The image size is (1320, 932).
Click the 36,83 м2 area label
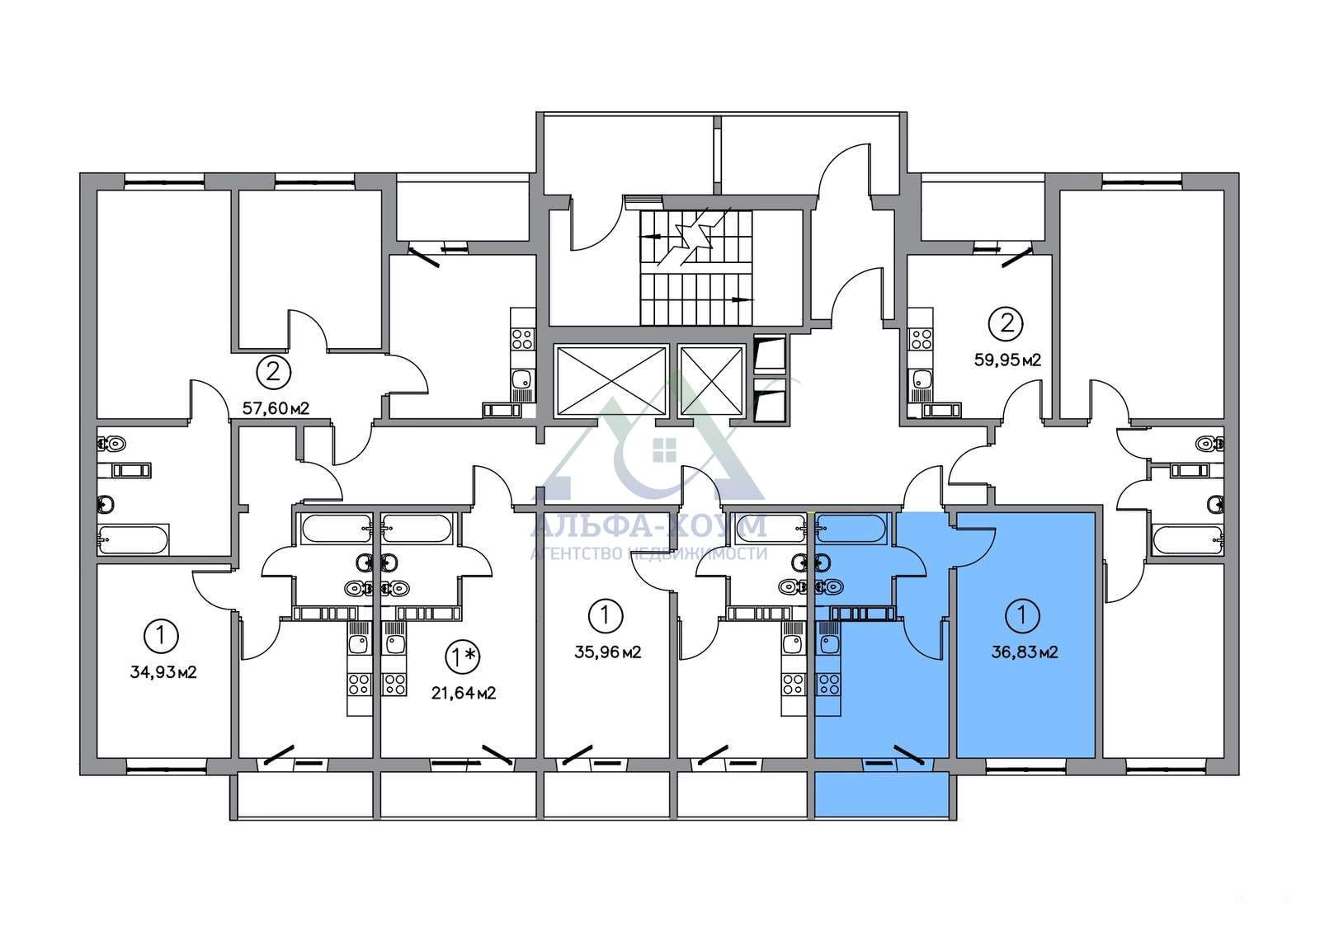(1025, 652)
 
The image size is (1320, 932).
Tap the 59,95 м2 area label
(1007, 360)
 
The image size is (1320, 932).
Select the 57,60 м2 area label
(276, 407)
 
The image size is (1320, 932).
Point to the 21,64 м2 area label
(464, 694)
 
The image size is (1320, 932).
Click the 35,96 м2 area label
(607, 652)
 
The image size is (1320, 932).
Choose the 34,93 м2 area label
(163, 672)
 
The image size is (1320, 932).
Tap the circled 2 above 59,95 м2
(1006, 323)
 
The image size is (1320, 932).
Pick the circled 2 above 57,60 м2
(273, 372)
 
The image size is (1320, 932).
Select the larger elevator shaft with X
(610, 382)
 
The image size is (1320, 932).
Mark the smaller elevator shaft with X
(712, 382)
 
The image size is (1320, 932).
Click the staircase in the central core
(696, 266)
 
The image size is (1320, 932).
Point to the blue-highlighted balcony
(882, 795)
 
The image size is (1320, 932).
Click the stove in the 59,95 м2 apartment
(920, 339)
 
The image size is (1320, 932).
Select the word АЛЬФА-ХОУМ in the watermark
(648, 525)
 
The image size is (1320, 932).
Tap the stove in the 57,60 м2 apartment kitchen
(522, 339)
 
